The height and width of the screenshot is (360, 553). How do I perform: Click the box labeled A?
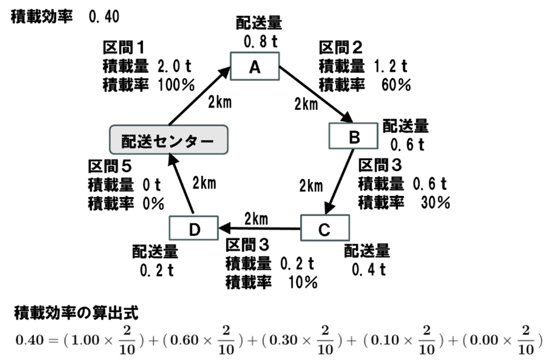click(x=255, y=67)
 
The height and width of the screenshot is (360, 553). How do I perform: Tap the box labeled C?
click(x=324, y=228)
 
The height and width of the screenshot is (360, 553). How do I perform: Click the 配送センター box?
click(x=169, y=140)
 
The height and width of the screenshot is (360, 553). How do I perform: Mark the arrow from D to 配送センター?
click(x=180, y=184)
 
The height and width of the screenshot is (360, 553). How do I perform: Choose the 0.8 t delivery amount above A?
click(x=260, y=42)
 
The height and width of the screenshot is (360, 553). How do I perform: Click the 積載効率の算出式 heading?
click(x=76, y=313)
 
